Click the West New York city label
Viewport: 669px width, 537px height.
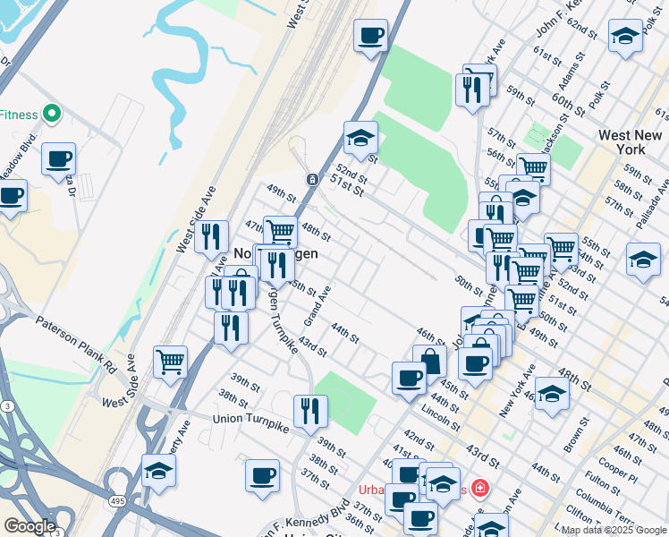[631, 141]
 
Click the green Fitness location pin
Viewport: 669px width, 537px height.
[51, 114]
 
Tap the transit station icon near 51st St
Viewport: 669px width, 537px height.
[312, 179]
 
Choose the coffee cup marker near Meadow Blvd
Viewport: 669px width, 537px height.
[59, 159]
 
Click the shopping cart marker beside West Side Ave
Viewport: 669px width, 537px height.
[170, 362]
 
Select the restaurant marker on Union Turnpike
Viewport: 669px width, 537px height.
[310, 412]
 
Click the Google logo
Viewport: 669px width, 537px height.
[30, 526]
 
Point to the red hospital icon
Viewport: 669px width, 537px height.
[480, 489]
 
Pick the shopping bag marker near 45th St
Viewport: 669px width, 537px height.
[431, 362]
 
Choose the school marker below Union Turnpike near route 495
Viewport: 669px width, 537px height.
[158, 471]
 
